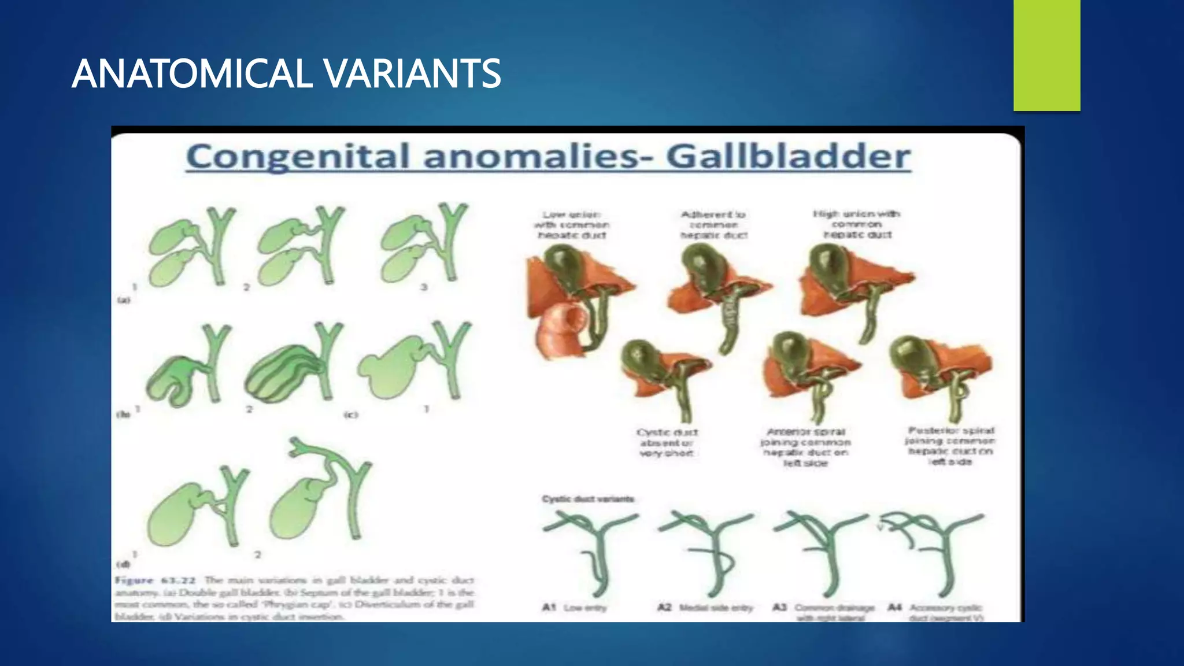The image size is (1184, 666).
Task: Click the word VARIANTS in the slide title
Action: click(x=412, y=74)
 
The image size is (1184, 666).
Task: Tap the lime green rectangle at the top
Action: click(x=1046, y=55)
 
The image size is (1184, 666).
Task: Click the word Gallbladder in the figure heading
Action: click(x=788, y=157)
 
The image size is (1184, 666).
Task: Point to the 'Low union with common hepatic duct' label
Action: click(x=572, y=225)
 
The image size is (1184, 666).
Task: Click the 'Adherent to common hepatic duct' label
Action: click(x=713, y=225)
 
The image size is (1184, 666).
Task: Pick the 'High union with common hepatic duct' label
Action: click(x=857, y=224)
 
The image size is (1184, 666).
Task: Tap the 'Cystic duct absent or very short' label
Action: click(x=667, y=443)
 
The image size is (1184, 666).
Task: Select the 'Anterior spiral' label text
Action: click(x=805, y=432)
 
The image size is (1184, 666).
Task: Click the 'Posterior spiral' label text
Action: click(x=951, y=431)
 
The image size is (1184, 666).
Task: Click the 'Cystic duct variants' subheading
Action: click(x=588, y=499)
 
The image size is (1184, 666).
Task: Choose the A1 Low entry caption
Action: click(x=574, y=608)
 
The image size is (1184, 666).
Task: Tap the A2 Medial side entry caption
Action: click(x=705, y=608)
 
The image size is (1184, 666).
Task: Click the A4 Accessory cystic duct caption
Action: click(x=935, y=612)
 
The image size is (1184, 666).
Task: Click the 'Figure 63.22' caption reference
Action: click(x=155, y=580)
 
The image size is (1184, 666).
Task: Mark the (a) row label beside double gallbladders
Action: click(x=124, y=300)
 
